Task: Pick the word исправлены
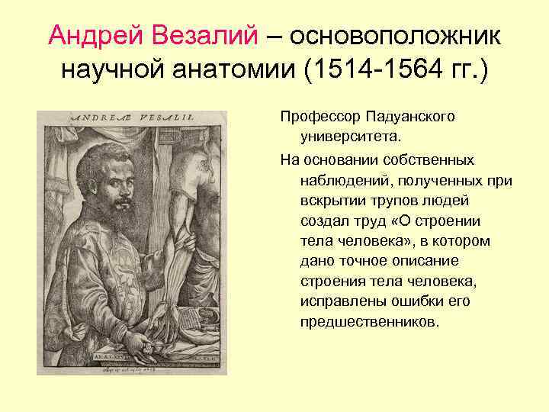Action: click(x=339, y=301)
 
